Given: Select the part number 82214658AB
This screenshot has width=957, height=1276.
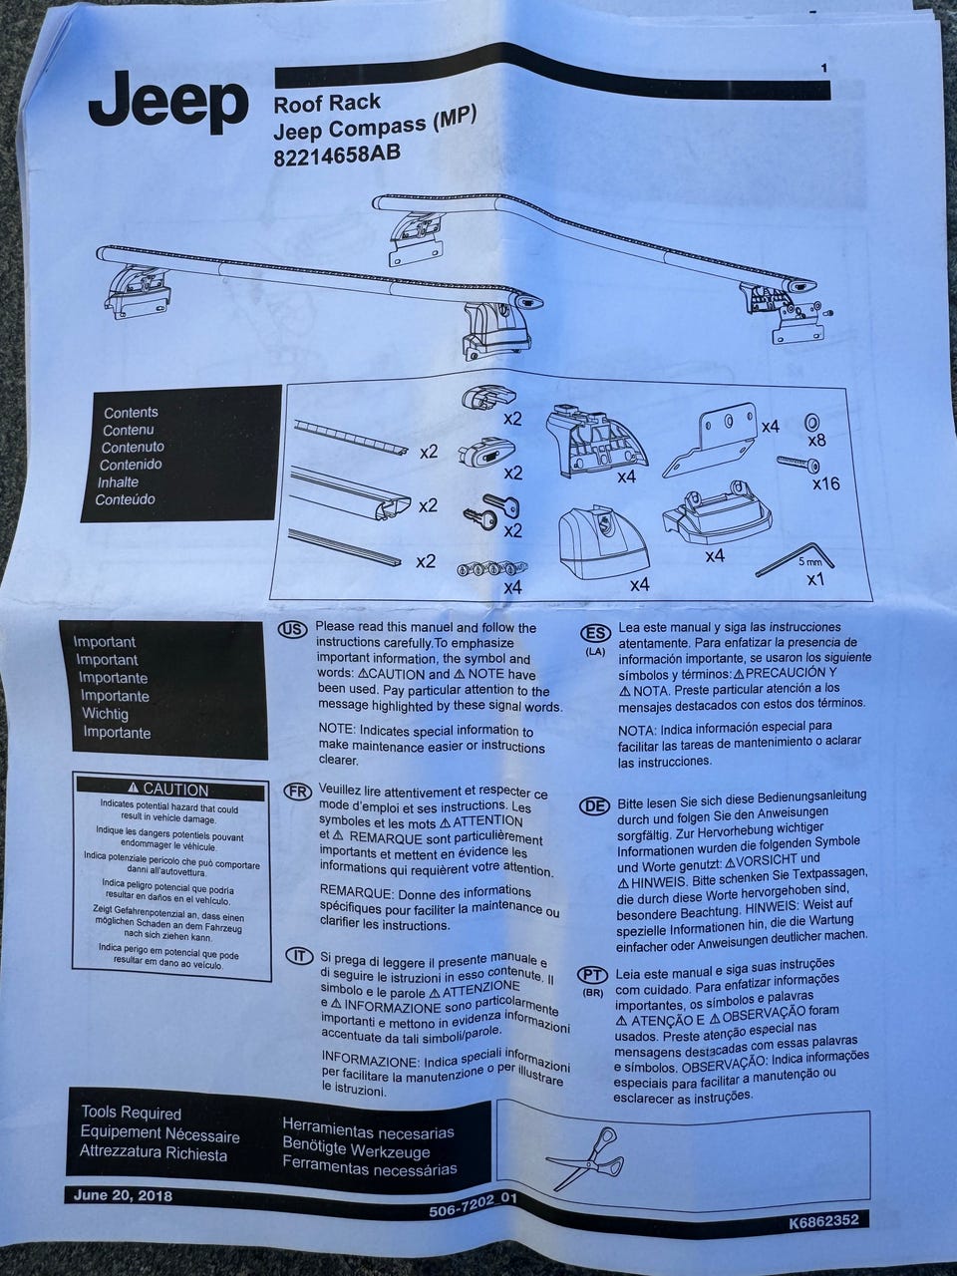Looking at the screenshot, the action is [x=337, y=156].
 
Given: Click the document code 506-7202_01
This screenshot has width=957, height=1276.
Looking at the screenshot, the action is [x=472, y=1208].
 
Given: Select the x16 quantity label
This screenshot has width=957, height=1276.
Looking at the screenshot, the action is [x=826, y=483].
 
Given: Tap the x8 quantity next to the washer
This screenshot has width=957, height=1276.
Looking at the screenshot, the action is [x=817, y=441].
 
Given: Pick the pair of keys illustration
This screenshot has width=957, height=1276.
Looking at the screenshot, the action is [x=491, y=508].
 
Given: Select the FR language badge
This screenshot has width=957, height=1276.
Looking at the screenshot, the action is [x=295, y=792].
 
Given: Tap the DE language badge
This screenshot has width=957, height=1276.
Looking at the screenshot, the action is [x=594, y=805].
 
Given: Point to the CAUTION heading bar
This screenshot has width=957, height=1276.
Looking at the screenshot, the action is [x=170, y=789].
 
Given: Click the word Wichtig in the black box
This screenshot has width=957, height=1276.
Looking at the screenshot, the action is [x=105, y=714].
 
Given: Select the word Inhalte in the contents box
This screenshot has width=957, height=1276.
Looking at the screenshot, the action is [x=118, y=481].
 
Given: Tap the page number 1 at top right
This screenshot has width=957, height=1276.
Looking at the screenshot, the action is [x=824, y=69].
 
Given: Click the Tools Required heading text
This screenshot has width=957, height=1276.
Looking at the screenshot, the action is [x=132, y=1114].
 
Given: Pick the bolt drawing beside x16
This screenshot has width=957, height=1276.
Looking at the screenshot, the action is [x=798, y=463].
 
